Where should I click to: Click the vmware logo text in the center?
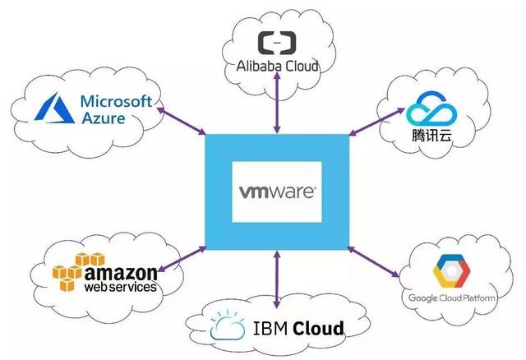pos(277,192)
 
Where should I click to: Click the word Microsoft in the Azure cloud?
pos(117,102)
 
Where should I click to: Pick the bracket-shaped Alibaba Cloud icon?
pos(274,43)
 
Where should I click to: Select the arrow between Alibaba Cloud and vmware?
pos(277,102)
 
